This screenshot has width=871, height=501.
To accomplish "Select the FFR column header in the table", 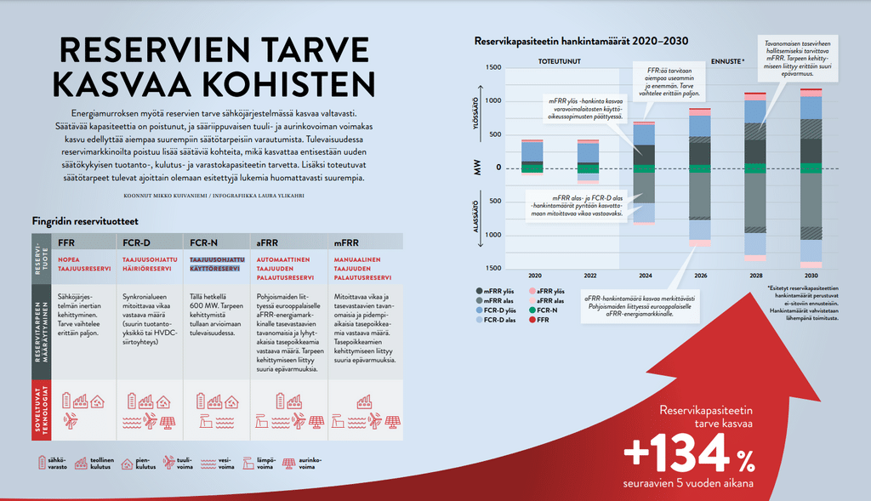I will point(67,242).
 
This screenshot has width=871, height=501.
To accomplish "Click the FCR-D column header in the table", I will point(136,242).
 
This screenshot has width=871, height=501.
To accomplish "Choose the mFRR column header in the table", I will point(346,242).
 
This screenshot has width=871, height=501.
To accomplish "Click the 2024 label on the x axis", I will point(644,276).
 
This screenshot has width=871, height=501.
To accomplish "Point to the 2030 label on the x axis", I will point(811,276).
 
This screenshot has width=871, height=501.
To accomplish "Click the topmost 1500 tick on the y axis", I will point(493,67).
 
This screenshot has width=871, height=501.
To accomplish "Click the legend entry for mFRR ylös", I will point(499,292).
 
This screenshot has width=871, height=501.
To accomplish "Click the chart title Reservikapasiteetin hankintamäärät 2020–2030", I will point(581,40).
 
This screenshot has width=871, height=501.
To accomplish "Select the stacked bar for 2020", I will point(532,157).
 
